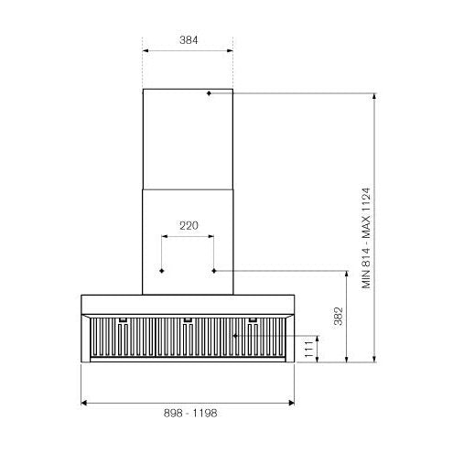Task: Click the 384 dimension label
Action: (189, 40)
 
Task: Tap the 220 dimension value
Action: (189, 226)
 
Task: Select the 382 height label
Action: (338, 317)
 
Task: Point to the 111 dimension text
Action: (308, 350)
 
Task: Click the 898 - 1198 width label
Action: (190, 413)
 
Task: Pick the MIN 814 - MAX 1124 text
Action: (366, 238)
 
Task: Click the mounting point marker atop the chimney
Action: (209, 93)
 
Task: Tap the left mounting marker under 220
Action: (162, 271)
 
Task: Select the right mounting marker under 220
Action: (214, 271)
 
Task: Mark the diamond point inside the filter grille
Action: (235, 336)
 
